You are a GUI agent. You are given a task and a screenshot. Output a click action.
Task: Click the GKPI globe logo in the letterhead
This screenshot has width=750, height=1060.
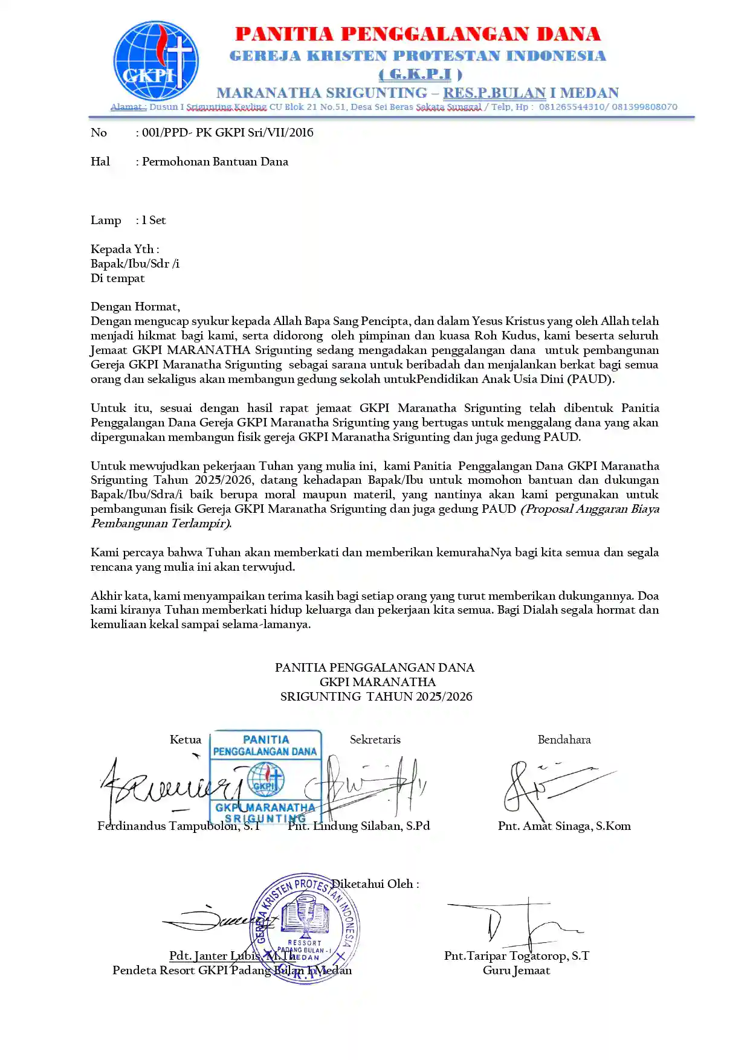pos(156,61)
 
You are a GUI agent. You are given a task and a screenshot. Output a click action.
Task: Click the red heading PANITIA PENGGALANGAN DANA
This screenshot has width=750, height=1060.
pos(418,34)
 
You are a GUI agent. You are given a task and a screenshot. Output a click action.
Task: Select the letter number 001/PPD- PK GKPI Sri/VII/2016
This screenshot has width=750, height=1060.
pos(228,133)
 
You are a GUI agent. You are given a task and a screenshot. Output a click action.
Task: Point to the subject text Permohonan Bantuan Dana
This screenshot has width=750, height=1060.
pos(215,162)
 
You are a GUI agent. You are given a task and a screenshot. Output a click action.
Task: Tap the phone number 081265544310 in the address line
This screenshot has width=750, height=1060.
pos(573,107)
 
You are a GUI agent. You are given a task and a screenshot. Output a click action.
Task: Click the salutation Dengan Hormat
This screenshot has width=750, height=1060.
pos(135,307)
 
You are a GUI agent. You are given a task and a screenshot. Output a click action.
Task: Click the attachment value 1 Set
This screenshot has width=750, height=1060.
pos(154,220)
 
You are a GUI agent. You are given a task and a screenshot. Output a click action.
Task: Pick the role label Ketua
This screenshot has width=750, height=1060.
pos(186,740)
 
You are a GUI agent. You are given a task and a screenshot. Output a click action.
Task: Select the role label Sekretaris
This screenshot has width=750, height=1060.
pos(375,740)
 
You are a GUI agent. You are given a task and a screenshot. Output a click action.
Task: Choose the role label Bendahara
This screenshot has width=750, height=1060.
pos(564,740)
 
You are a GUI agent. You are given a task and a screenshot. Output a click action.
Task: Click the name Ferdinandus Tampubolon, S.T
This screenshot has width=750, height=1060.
pos(179,826)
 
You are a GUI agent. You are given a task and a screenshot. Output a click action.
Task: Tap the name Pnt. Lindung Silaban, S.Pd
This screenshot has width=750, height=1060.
pos(359,826)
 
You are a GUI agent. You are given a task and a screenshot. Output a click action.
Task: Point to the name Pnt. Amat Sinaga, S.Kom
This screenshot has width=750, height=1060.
pos(564,826)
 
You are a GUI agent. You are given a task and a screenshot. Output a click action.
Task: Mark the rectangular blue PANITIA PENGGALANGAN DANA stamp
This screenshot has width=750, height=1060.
pos(265,776)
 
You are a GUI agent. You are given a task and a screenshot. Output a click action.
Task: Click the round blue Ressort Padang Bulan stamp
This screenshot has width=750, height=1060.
pos(305,928)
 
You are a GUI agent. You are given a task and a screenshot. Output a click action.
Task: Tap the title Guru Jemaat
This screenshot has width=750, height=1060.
pos(517,971)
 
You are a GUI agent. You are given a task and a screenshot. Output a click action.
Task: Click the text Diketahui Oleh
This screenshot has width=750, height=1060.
pos(375,884)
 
